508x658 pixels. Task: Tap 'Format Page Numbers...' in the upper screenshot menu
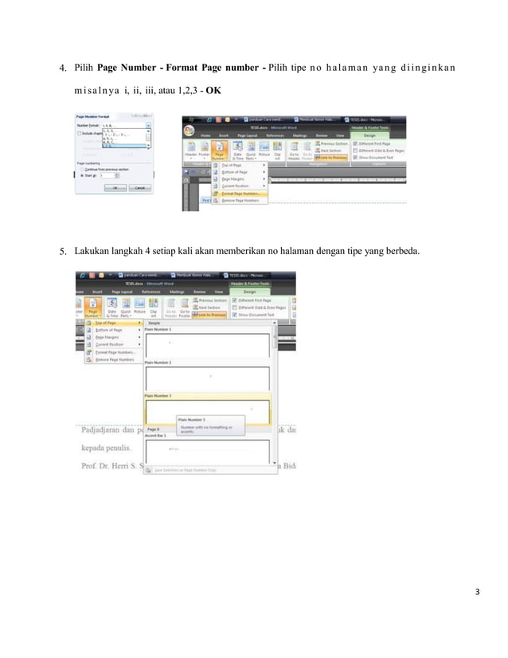(x=244, y=193)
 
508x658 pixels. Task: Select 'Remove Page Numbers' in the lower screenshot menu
(x=115, y=359)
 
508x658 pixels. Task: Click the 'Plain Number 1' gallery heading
(x=158, y=329)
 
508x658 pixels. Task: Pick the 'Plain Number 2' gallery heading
(x=158, y=362)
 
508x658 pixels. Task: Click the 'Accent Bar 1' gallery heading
(x=157, y=436)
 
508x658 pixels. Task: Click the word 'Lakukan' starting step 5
(x=91, y=253)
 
